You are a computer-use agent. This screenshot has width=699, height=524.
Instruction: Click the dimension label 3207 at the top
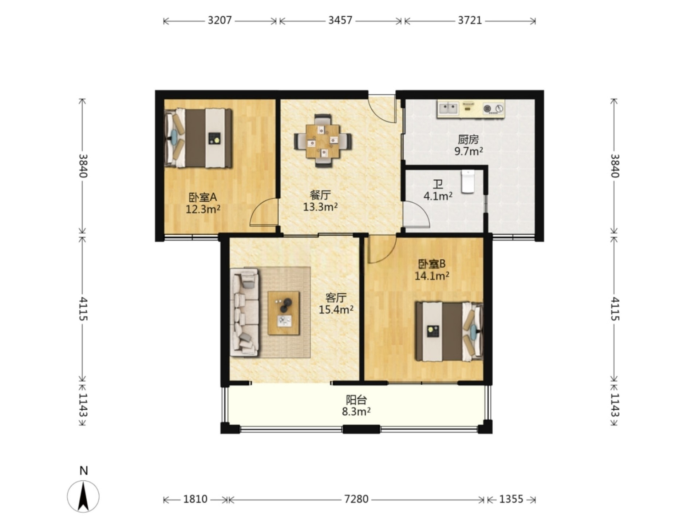coord(220,20)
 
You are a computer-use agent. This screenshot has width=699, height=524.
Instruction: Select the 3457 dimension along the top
coord(340,20)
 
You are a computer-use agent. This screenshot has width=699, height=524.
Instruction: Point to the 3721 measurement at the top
coord(470,20)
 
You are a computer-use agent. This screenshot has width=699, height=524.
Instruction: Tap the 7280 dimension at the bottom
coord(356,499)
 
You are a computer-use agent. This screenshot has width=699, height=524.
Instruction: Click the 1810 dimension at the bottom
coord(195,499)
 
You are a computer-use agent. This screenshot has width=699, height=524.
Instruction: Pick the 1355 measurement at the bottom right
coord(511,499)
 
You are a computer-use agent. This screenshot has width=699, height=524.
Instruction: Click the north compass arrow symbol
coord(83,496)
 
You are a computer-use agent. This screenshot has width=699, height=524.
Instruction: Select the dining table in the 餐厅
coord(323,141)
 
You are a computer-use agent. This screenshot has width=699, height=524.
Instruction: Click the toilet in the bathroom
coord(468,181)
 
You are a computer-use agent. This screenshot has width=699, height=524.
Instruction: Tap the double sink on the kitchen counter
coord(448,108)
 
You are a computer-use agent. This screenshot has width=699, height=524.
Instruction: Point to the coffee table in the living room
coord(284,313)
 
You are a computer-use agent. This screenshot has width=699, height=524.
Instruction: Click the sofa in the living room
coord(245,313)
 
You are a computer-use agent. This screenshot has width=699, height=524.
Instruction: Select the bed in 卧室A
coord(198,138)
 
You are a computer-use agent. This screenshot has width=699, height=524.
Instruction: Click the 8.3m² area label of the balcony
coord(356,412)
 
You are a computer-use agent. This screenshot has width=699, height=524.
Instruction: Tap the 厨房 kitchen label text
coord(468,139)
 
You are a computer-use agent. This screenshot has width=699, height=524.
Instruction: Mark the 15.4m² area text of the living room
coord(336,310)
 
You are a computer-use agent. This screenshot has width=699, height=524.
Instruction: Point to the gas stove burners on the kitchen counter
coord(494,108)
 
